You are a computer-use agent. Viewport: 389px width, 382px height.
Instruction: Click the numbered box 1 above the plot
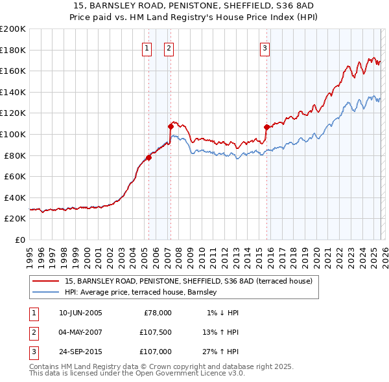pyautogui.click(x=147, y=48)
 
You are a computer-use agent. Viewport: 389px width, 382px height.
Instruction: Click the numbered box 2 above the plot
pyautogui.click(x=169, y=48)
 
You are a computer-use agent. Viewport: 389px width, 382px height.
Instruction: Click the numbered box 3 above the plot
pyautogui.click(x=265, y=48)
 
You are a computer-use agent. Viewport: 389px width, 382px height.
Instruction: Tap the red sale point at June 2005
pyautogui.click(x=148, y=157)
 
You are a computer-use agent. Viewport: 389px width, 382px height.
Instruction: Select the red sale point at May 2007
pyautogui.click(x=171, y=126)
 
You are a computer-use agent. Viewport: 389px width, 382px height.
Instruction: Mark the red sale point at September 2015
pyautogui.click(x=266, y=127)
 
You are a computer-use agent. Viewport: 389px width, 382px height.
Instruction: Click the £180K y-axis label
pyautogui.click(x=14, y=50)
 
